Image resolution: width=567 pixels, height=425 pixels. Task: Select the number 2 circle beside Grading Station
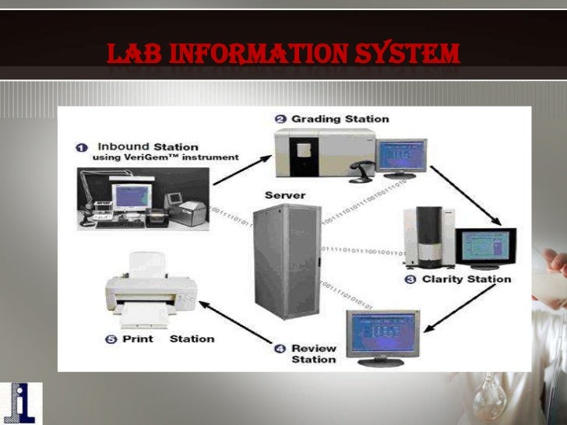tap(280, 118)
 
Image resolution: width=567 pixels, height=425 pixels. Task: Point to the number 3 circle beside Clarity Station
tap(410, 279)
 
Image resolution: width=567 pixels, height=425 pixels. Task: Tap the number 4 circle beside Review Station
tap(280, 348)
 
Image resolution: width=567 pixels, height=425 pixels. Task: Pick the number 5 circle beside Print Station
tap(111, 339)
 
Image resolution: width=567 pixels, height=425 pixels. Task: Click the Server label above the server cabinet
tap(285, 195)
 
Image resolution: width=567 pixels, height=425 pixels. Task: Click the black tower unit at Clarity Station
tap(429, 234)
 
